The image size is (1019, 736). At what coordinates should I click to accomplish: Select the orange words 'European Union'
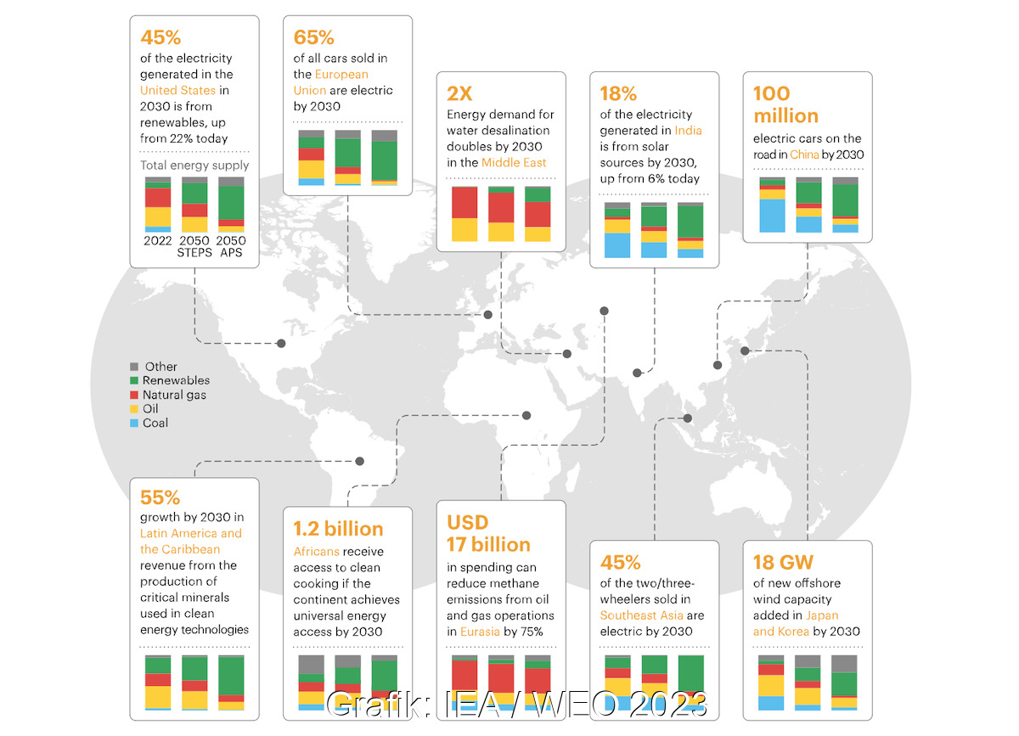click(331, 82)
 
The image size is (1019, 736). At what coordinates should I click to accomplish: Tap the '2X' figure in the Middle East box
click(459, 93)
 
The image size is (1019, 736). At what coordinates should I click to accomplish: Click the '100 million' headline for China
click(785, 104)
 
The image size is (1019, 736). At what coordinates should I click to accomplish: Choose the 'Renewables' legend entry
click(175, 380)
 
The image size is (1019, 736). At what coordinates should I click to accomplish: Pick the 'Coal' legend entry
click(155, 423)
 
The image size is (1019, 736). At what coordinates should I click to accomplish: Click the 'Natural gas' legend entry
click(173, 395)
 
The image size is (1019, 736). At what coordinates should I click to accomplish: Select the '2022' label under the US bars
click(157, 240)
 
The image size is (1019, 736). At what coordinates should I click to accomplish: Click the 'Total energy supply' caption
click(194, 166)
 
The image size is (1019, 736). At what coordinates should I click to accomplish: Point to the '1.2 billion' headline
click(338, 529)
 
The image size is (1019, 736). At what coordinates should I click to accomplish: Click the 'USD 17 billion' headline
click(487, 533)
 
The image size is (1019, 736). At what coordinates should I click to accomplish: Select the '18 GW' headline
click(783, 562)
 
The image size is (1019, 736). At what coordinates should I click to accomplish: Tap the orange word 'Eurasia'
click(479, 632)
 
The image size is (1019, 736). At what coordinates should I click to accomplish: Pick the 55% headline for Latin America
click(160, 497)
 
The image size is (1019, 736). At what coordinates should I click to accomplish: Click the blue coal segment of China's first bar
click(772, 216)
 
